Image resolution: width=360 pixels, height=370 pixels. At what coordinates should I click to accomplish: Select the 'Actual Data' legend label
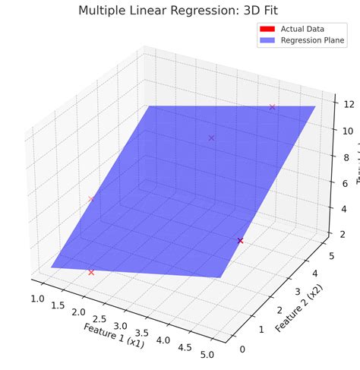(302, 29)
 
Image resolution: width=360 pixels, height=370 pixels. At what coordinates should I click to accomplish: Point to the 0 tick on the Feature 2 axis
(242, 349)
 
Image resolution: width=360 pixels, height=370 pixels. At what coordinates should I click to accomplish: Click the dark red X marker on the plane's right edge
(240, 240)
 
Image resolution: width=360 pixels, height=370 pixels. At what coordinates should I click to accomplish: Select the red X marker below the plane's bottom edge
(91, 272)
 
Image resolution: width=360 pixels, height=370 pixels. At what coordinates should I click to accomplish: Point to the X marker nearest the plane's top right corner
(272, 106)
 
